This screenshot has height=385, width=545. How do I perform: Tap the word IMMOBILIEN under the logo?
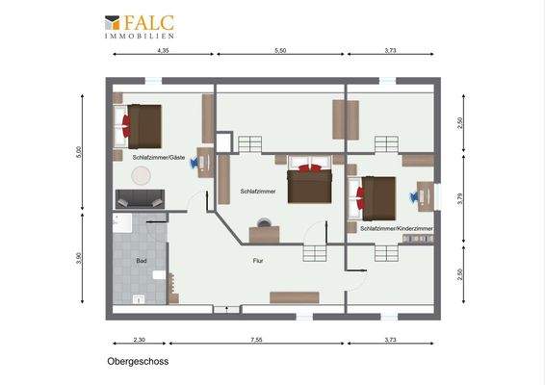click(141, 36)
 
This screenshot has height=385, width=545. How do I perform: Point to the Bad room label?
click(142, 261)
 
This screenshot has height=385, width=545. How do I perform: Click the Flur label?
click(259, 261)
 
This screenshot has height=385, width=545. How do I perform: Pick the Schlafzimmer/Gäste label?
click(159, 157)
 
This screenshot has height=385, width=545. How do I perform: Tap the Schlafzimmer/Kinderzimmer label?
click(396, 228)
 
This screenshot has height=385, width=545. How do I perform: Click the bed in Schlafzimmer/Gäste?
click(142, 121)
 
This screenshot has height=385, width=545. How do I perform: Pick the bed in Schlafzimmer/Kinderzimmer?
click(376, 196)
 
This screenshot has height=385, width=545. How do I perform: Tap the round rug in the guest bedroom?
click(143, 175)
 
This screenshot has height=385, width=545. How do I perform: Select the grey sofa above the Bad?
click(141, 199)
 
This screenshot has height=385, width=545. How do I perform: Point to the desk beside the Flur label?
click(264, 233)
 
